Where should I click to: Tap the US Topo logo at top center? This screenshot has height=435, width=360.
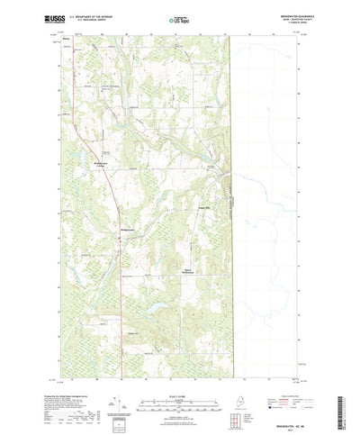(x=179, y=18)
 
